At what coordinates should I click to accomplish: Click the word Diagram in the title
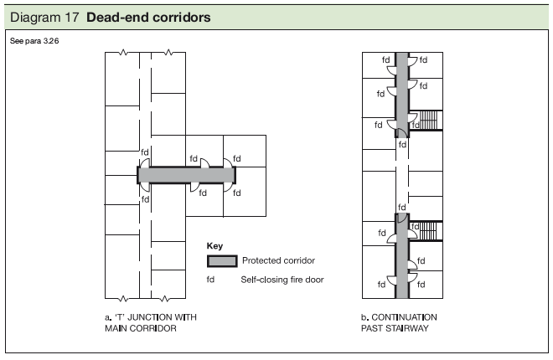point(36,17)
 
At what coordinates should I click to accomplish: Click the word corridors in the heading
point(178,17)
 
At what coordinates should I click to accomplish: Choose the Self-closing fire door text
point(282,280)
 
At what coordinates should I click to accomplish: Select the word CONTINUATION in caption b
point(406,318)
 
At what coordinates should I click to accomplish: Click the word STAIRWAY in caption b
point(395,328)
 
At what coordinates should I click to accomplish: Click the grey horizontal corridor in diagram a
point(187,175)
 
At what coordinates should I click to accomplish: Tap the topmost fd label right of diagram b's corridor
point(424,60)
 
